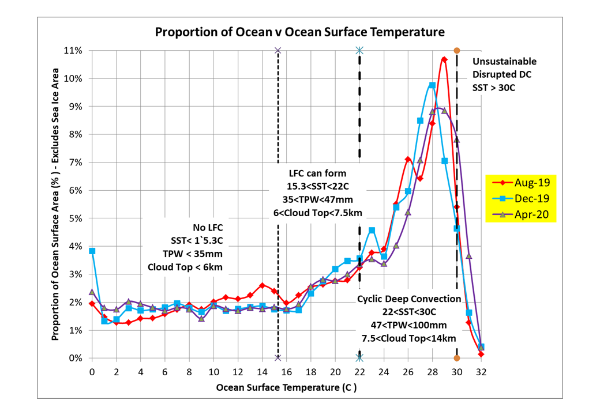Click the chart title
click(299, 32)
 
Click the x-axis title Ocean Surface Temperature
click(286, 387)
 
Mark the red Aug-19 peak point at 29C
click(444, 59)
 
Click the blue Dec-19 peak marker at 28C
click(432, 85)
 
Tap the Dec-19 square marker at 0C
click(92, 251)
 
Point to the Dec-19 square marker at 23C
click(372, 231)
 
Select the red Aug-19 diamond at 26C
click(408, 160)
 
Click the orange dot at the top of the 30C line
click(457, 51)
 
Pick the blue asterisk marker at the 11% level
click(359, 51)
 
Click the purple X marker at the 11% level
click(278, 51)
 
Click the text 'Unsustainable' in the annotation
click(504, 62)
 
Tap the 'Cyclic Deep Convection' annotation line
click(408, 299)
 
